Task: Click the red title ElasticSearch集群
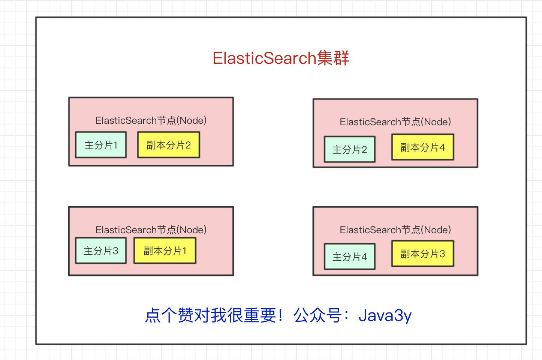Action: pyautogui.click(x=281, y=58)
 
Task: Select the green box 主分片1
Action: pyautogui.click(x=100, y=145)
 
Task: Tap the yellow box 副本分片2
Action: pyautogui.click(x=168, y=145)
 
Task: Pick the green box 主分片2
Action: pyautogui.click(x=349, y=149)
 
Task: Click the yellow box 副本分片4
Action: pyautogui.click(x=422, y=147)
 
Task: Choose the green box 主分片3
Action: pyautogui.click(x=100, y=250)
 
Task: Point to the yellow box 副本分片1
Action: pyautogui.click(x=165, y=250)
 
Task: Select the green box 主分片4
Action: pyautogui.click(x=349, y=256)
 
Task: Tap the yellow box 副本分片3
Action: pyautogui.click(x=422, y=253)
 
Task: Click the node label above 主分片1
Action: pyautogui.click(x=151, y=120)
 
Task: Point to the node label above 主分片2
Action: pyautogui.click(x=395, y=122)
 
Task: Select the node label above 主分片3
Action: pyautogui.click(x=151, y=230)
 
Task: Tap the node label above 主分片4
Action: pyautogui.click(x=395, y=230)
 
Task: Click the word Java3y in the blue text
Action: pyautogui.click(x=385, y=315)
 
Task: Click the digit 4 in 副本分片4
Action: pyautogui.click(x=442, y=147)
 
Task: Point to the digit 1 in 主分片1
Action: pyautogui.click(x=115, y=145)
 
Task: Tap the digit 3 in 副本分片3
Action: pyautogui.click(x=442, y=254)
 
